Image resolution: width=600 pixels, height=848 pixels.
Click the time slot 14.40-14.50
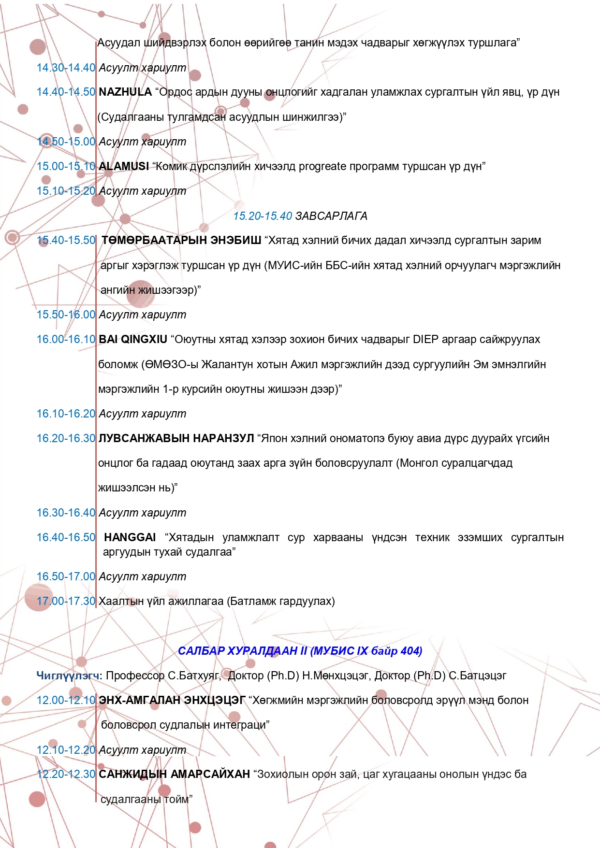[x=66, y=92]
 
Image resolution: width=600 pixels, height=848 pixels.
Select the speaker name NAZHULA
[x=125, y=92]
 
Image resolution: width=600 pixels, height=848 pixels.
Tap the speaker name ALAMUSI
[x=124, y=166]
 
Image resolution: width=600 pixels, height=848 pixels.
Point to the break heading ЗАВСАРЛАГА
[x=331, y=216]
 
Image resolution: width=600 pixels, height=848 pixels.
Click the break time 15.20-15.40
[x=263, y=216]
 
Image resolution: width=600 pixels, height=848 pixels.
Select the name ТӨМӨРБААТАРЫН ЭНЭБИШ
[x=181, y=240]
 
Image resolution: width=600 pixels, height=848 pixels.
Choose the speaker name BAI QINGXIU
[x=133, y=339]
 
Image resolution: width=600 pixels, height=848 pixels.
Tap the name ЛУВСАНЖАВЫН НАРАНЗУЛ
[x=176, y=438]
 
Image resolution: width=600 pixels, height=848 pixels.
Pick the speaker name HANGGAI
[x=130, y=537]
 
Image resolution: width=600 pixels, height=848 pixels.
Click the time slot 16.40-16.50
[x=66, y=537]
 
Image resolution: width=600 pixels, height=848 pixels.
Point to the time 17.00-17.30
[x=66, y=601]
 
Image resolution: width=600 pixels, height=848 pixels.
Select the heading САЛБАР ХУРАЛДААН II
[x=242, y=651]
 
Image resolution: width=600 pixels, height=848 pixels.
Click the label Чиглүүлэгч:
[x=69, y=676]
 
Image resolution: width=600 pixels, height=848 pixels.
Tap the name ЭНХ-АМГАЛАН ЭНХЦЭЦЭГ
[x=172, y=700]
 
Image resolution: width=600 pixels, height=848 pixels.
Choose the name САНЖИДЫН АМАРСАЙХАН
[x=174, y=774]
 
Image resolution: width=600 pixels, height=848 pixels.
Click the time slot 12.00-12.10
[x=66, y=700]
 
